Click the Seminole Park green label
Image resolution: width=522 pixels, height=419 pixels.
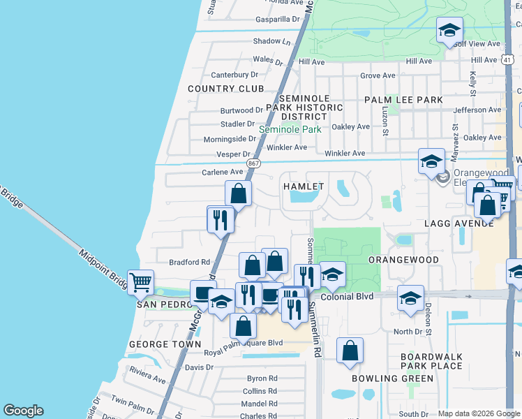click(x=290, y=130)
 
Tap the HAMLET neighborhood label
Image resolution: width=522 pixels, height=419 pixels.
click(x=303, y=186)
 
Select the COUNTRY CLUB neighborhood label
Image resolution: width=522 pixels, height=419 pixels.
click(x=226, y=89)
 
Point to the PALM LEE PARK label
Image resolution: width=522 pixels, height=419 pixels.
click(x=403, y=100)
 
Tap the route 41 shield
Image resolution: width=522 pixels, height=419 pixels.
click(x=507, y=60)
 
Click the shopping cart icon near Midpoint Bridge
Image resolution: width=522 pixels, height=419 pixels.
click(x=140, y=283)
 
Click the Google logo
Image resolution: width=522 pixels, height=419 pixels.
click(x=23, y=411)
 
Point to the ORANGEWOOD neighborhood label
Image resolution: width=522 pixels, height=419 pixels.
click(x=403, y=260)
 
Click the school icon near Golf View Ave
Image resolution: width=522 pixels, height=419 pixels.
click(x=450, y=30)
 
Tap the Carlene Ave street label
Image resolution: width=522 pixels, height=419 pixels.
click(x=222, y=172)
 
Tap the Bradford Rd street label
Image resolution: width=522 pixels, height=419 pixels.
click(x=189, y=263)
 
